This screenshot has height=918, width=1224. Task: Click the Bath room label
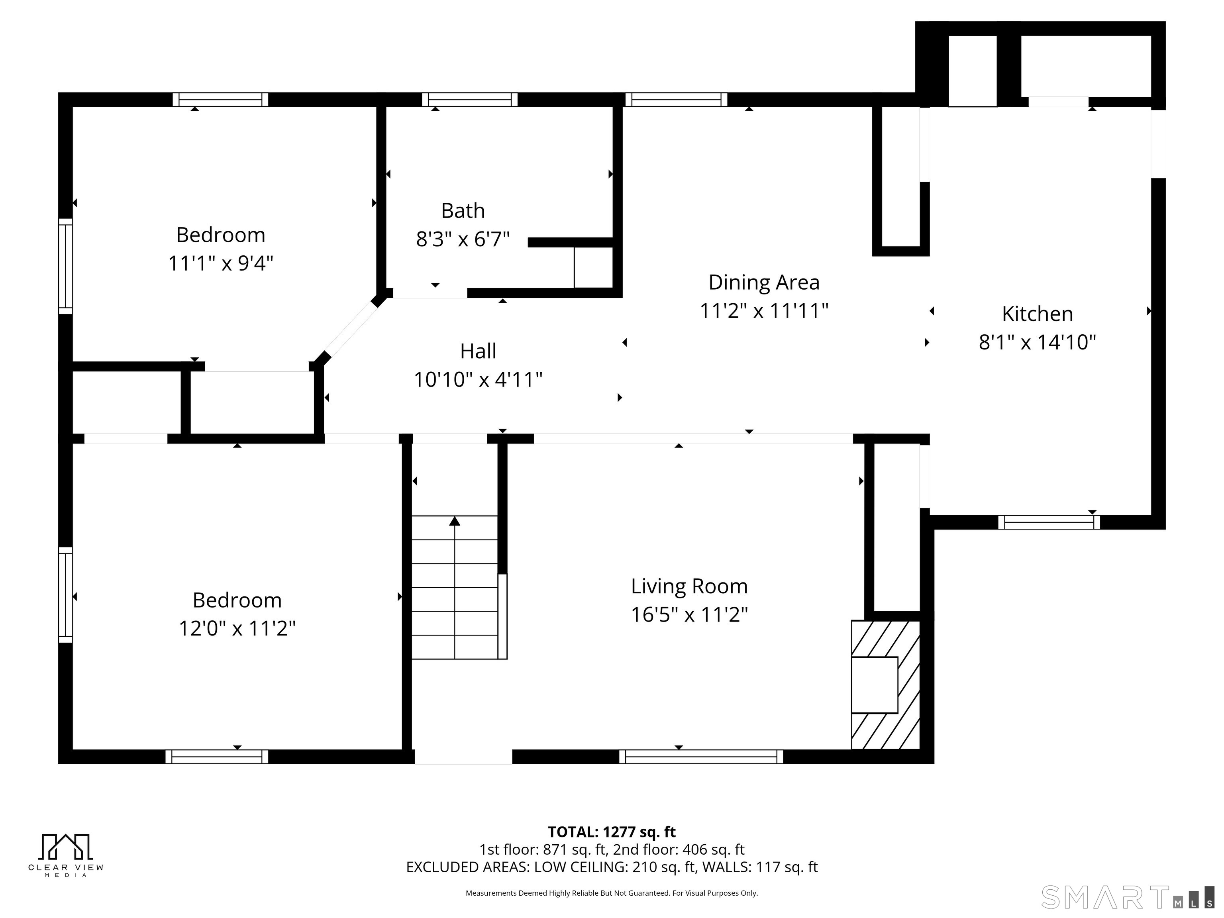pyautogui.click(x=463, y=211)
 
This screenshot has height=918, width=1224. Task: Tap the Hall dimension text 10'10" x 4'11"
pyautogui.click(x=478, y=380)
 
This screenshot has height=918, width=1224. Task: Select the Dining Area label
pyautogui.click(x=764, y=282)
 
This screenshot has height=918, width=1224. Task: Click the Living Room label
pyautogui.click(x=689, y=586)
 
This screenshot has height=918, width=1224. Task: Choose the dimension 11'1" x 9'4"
pyautogui.click(x=220, y=263)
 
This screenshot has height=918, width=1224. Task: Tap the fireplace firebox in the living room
pyautogui.click(x=874, y=685)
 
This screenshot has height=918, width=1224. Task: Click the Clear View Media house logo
pyautogui.click(x=65, y=847)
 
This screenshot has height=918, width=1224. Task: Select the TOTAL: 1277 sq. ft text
pyautogui.click(x=612, y=832)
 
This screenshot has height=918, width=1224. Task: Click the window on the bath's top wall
pyautogui.click(x=469, y=100)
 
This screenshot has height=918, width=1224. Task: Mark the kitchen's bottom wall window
pyautogui.click(x=1049, y=522)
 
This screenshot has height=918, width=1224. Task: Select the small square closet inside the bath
pyautogui.click(x=593, y=268)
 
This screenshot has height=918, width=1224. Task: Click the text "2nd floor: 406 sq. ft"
pyautogui.click(x=679, y=849)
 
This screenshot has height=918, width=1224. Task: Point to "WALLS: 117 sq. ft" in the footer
pyautogui.click(x=760, y=867)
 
